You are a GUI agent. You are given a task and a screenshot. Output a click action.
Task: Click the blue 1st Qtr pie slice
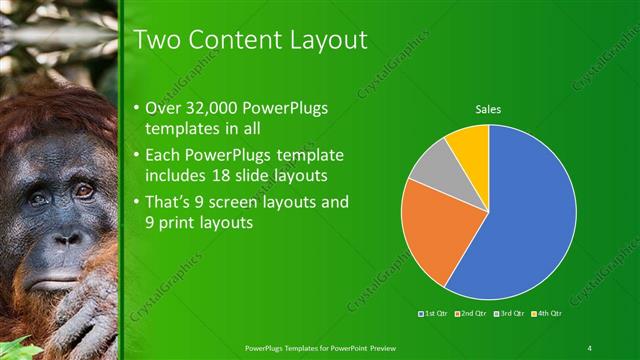click(x=530, y=210)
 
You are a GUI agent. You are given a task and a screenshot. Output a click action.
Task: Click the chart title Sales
click(x=488, y=109)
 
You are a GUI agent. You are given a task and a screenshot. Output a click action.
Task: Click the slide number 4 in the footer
click(x=590, y=347)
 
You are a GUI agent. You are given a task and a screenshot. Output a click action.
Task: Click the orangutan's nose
click(x=66, y=238)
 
